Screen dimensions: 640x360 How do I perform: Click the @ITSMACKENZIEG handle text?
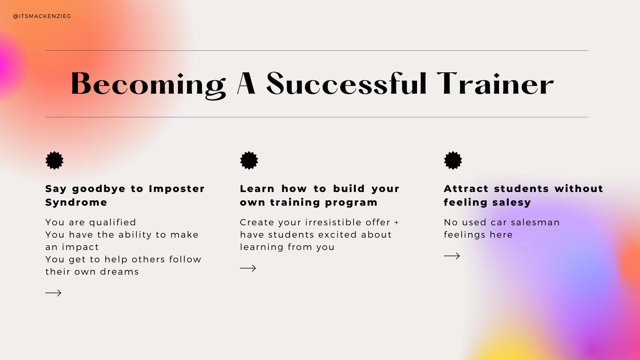42,16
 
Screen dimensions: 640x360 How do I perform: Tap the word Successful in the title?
346,83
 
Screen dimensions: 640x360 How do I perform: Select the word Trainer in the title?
495,84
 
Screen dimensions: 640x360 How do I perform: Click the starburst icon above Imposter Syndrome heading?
54,160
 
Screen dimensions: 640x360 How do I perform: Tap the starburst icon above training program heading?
249,160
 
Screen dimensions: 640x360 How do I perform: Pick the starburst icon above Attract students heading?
453,160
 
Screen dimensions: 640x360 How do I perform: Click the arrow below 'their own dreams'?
53,293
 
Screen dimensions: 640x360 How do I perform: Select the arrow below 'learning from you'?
248,268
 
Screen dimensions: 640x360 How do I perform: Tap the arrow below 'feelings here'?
452,256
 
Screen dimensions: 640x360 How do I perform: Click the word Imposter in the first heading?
177,189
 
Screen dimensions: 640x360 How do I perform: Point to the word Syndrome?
76,202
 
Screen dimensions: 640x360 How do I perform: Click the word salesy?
512,203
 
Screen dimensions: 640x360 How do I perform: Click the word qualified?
113,223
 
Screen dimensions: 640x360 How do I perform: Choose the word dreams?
119,272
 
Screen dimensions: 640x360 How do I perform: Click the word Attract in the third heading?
466,189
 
